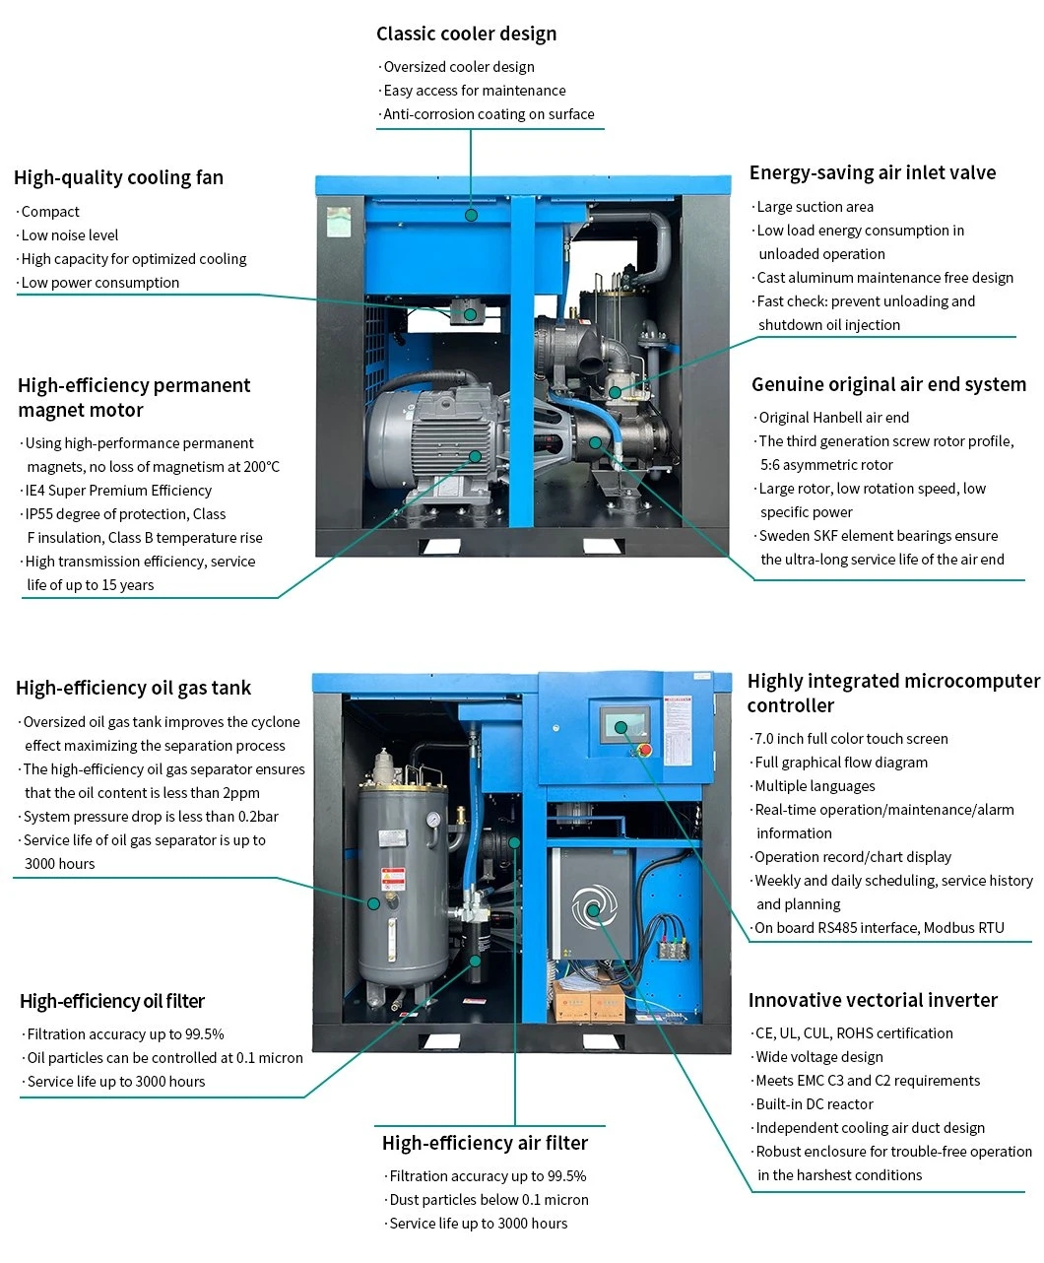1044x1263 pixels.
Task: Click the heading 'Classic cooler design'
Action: tap(466, 33)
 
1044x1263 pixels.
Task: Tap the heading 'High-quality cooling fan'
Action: tap(118, 177)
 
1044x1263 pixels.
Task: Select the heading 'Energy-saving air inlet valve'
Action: tap(872, 172)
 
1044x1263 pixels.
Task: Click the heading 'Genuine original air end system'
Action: tap(888, 384)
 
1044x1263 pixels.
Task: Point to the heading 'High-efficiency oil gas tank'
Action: tap(133, 688)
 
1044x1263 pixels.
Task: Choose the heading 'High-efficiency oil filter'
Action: tap(112, 1001)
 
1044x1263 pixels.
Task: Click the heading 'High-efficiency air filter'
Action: tap(485, 1143)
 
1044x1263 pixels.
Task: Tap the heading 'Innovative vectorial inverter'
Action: tap(873, 1000)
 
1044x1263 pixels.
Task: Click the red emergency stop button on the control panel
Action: tap(645, 750)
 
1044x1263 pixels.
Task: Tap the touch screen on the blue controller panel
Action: tap(624, 727)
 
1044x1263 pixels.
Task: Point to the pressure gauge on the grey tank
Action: tap(431, 820)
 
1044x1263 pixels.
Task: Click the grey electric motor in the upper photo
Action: tap(428, 438)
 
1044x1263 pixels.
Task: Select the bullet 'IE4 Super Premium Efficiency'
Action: tap(118, 491)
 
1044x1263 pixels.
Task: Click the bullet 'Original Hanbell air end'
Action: tap(833, 418)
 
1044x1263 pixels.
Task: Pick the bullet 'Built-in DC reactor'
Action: tap(814, 1104)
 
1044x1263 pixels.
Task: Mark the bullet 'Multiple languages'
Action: tap(815, 786)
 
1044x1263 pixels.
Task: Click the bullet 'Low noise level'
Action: tap(69, 235)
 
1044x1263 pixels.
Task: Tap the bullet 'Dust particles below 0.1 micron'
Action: tap(489, 1200)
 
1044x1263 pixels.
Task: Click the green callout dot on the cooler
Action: tap(471, 214)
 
